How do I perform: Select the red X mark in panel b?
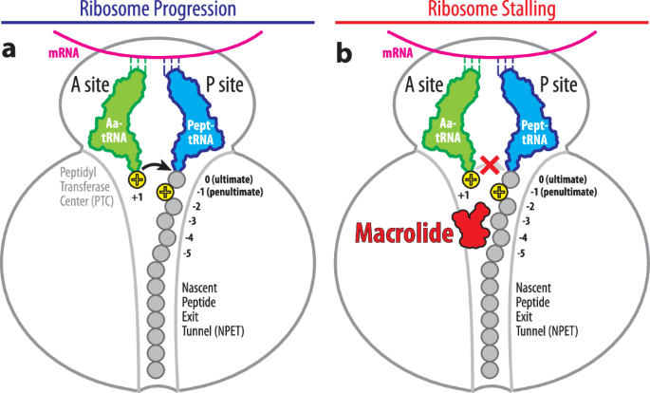(x=491, y=165)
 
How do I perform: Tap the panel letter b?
(x=345, y=50)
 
